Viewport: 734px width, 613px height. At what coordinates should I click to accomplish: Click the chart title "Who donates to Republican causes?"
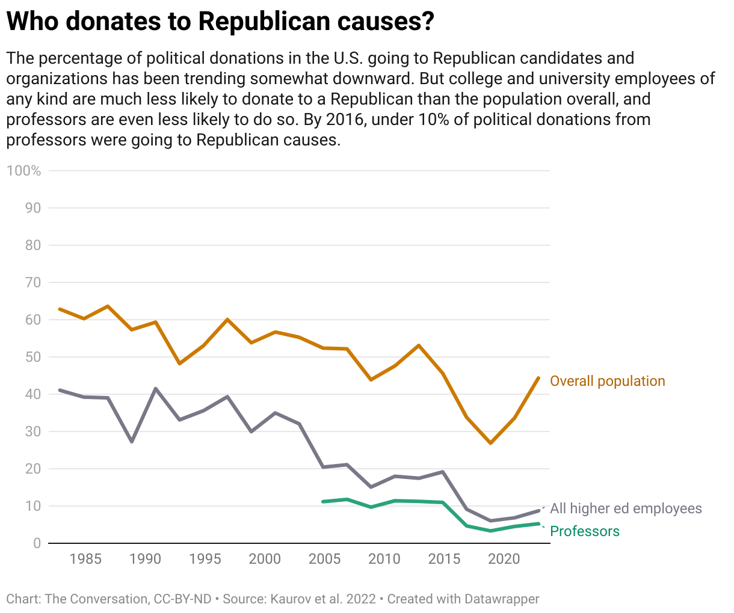[220, 22]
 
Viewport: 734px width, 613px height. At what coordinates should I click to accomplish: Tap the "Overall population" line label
[607, 381]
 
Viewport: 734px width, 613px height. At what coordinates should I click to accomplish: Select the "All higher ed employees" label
[626, 508]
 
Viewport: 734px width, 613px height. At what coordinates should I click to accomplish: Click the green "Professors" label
[584, 531]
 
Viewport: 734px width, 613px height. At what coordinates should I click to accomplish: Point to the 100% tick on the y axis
[24, 171]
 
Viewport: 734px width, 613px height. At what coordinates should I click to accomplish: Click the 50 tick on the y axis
[33, 357]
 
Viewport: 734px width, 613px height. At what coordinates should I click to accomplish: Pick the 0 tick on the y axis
[37, 543]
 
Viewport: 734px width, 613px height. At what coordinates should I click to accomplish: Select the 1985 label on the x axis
[85, 560]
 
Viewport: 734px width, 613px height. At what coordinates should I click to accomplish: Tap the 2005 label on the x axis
[324, 560]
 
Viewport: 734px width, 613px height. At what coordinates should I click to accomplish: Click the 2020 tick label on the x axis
[504, 560]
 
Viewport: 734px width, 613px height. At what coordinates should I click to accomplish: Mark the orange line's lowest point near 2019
[491, 443]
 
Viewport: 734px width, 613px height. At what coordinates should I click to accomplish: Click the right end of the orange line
[538, 378]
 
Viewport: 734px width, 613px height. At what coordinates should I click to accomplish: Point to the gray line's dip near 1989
[132, 442]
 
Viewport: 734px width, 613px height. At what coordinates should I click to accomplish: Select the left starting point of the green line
[323, 501]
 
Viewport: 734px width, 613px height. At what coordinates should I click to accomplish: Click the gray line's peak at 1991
[156, 388]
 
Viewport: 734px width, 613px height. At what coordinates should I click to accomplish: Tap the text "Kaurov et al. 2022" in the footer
[323, 599]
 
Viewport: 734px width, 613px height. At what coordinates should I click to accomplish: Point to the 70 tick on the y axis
[33, 282]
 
